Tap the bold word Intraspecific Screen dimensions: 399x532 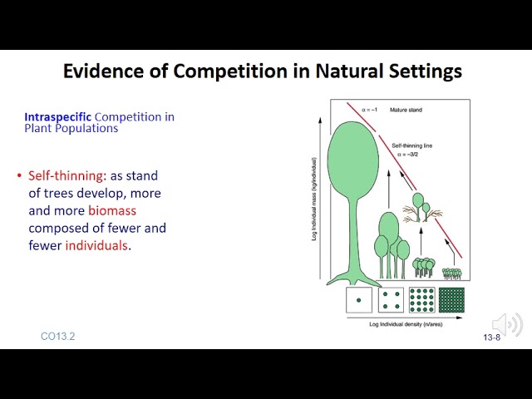[x=58, y=117]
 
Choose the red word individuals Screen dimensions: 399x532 [x=97, y=245]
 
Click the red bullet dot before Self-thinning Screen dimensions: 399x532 [x=19, y=176]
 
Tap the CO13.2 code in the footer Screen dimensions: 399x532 [x=57, y=337]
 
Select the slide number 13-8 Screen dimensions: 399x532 [x=492, y=337]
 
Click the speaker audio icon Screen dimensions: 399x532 [x=506, y=324]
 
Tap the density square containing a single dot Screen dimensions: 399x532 [x=359, y=300]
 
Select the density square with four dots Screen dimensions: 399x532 [x=391, y=300]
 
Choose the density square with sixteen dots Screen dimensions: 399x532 [x=421, y=300]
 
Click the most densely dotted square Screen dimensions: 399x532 [x=451, y=300]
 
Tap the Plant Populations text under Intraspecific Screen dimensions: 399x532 [x=71, y=129]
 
